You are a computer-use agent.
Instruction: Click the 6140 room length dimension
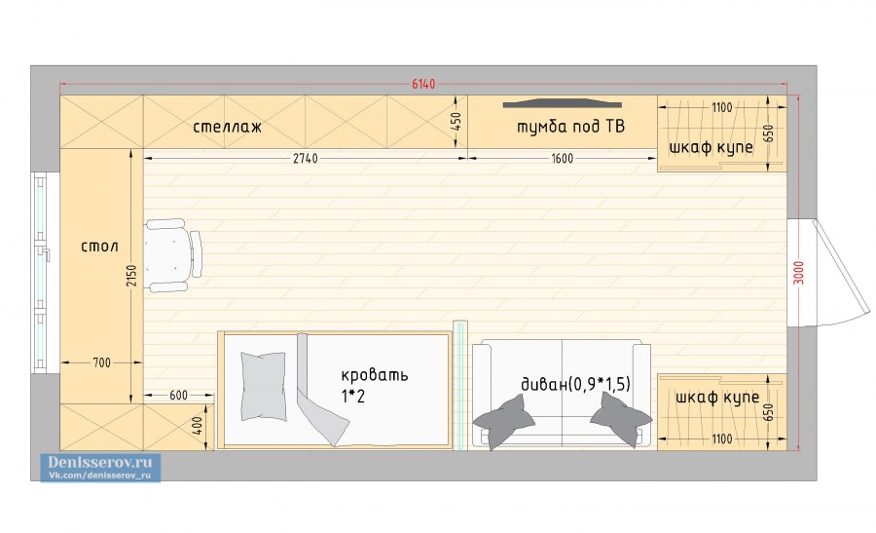[x=423, y=84]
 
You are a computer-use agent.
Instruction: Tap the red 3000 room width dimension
[x=799, y=273]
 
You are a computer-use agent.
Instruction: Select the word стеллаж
[x=228, y=127]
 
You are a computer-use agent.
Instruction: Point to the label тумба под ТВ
[x=570, y=127]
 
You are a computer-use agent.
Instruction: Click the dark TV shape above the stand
[x=562, y=103]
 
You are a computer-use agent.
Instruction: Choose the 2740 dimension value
[x=305, y=159]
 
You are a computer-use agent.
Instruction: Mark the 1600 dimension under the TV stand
[x=562, y=159]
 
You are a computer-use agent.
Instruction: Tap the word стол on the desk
[x=99, y=247]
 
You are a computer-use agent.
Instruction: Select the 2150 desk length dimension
[x=130, y=275]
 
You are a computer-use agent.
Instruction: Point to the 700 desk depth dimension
[x=101, y=363]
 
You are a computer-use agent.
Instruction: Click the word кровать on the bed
[x=375, y=375]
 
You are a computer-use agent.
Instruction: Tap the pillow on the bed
[x=263, y=386]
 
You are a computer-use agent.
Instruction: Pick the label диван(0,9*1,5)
[x=575, y=384]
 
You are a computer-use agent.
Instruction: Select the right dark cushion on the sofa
[x=621, y=419]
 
